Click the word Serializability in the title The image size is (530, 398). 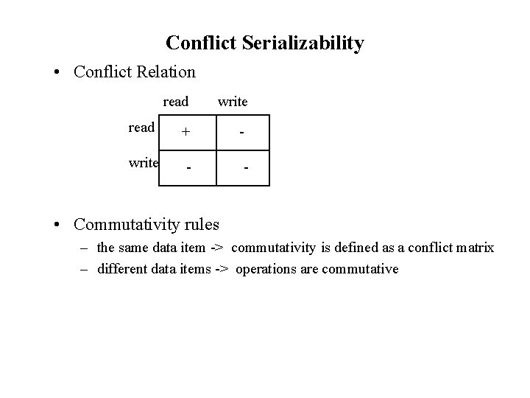tap(306, 43)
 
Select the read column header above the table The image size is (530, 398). tap(176, 102)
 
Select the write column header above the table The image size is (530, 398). tap(233, 102)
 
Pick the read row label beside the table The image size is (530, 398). tap(141, 128)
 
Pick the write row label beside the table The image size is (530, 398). tap(144, 163)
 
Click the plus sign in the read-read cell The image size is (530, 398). tap(187, 133)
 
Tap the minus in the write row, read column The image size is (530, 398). tap(189, 168)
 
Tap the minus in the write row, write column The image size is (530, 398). tap(246, 168)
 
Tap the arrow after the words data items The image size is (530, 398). tap(221, 269)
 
